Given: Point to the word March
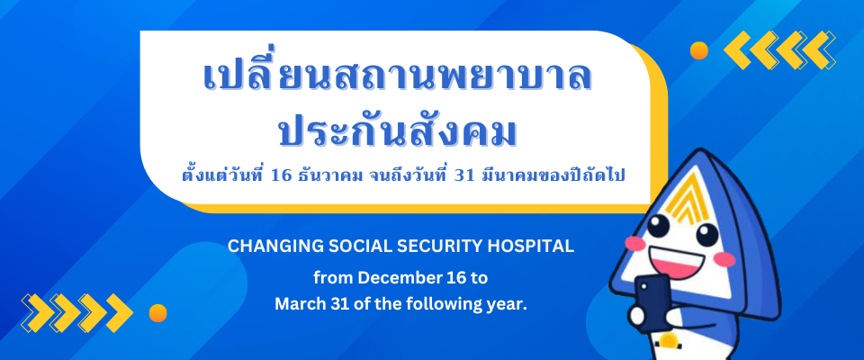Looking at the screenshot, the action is pyautogui.click(x=295, y=304).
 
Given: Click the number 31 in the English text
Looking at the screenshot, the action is pyautogui.click(x=328, y=304).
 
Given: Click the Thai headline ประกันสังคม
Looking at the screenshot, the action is pyautogui.click(x=398, y=131).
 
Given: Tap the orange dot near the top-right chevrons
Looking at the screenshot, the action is pyautogui.click(x=699, y=50).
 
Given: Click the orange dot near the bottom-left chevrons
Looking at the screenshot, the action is pyautogui.click(x=157, y=313).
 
